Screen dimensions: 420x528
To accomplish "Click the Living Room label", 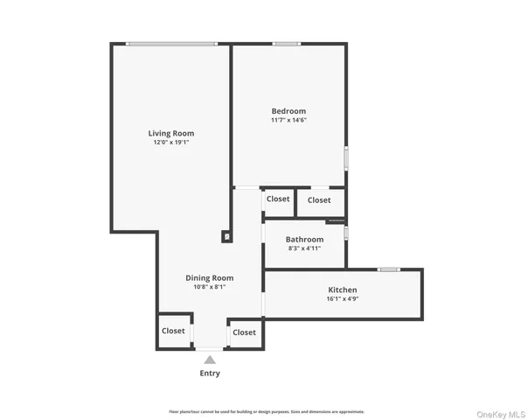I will [170, 133].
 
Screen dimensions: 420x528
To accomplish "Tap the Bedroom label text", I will [288, 111].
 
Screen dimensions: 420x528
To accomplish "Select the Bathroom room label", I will [305, 239].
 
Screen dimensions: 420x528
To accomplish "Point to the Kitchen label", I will [342, 290].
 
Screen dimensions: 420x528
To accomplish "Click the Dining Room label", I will [209, 277].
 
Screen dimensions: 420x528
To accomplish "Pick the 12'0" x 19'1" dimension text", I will [170, 142].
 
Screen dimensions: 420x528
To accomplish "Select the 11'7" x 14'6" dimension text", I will [288, 120].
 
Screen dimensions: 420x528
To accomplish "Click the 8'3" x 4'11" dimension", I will [305, 248].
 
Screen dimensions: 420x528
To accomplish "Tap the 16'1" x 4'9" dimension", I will [342, 298].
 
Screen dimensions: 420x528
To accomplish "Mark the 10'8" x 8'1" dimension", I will [209, 286].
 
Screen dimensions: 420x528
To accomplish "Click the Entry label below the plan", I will [209, 373].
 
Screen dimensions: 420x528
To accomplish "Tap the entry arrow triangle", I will [209, 358].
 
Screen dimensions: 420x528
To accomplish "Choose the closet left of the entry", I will [173, 331].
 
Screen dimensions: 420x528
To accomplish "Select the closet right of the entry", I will [244, 332].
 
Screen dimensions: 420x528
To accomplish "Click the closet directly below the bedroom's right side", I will [319, 200].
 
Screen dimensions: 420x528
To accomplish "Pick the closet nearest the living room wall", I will [278, 199].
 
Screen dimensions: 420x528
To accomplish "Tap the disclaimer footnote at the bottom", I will [267, 411].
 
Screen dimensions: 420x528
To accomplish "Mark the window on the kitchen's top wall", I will [389, 269].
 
